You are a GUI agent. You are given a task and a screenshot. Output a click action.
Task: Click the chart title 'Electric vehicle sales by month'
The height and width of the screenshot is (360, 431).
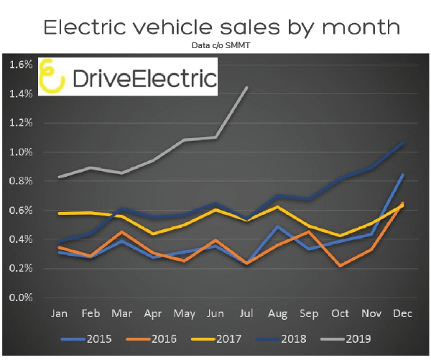[220, 27]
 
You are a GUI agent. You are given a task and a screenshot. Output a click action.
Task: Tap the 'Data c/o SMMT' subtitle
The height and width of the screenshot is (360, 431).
[220, 45]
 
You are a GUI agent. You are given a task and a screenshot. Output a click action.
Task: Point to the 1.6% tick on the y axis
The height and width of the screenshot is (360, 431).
[22, 65]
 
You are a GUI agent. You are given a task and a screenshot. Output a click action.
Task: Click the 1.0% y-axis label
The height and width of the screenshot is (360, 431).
[22, 152]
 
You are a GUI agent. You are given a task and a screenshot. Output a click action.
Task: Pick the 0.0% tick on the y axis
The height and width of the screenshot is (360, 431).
[22, 297]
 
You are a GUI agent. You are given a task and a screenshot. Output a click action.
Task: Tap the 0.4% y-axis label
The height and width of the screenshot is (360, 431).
[22, 239]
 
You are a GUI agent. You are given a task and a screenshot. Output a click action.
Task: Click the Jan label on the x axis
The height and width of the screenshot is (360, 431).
[60, 313]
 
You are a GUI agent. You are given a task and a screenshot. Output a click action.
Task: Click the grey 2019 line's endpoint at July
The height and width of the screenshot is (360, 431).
[248, 88]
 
